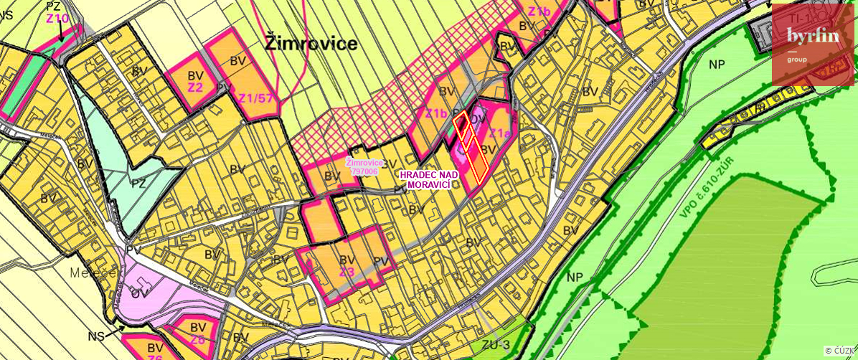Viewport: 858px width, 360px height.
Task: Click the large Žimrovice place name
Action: coord(311,44)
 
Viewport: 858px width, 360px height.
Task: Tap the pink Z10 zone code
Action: coord(57,18)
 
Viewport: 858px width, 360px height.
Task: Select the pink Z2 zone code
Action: coord(195,87)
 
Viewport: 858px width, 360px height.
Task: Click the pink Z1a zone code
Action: coord(500,134)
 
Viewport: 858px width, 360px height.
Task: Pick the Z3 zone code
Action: coord(347,272)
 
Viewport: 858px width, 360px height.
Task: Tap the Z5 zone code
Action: coord(198,339)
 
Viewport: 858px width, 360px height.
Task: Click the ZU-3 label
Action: coord(495,346)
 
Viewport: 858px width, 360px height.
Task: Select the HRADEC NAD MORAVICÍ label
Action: coord(425,180)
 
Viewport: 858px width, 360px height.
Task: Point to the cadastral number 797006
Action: coord(364,172)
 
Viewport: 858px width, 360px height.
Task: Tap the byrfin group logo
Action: coord(812,44)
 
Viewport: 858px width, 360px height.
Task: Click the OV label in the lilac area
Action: coord(138,293)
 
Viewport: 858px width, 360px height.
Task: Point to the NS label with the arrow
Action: coord(96,335)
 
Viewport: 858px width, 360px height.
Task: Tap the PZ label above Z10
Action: coord(55,6)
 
